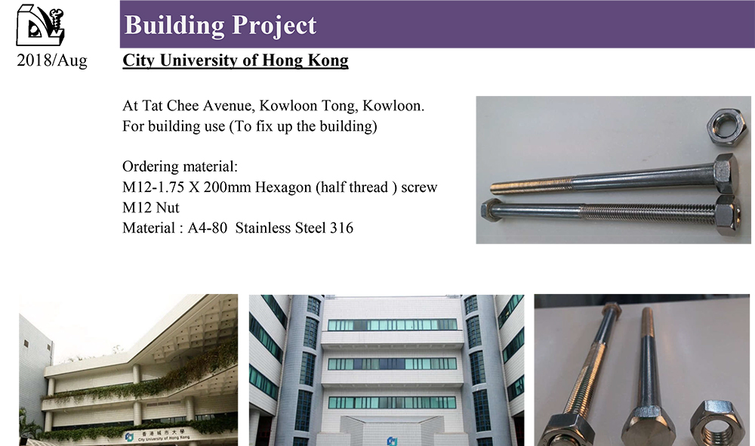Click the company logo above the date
click(40, 25)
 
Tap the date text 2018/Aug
click(52, 60)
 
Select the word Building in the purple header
click(175, 25)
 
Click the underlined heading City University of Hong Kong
click(236, 60)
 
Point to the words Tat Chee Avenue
click(199, 106)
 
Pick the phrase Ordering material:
click(180, 166)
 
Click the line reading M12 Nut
click(151, 207)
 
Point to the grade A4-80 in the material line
click(207, 228)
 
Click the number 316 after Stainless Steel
click(341, 228)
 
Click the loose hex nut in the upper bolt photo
click(726, 127)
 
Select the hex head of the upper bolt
click(725, 174)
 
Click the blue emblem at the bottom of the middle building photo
click(393, 441)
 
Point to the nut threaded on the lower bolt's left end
click(492, 210)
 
